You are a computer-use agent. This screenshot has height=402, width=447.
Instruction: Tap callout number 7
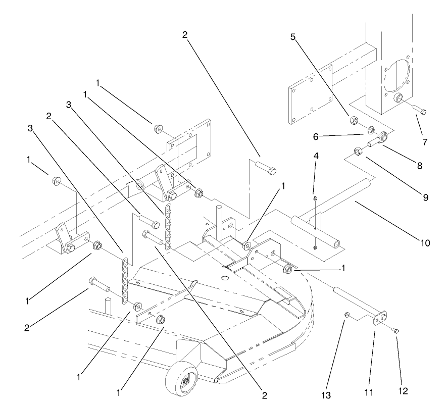click(x=424, y=142)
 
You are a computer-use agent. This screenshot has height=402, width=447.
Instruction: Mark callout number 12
click(x=402, y=390)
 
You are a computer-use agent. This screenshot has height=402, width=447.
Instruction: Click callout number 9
click(x=424, y=197)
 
